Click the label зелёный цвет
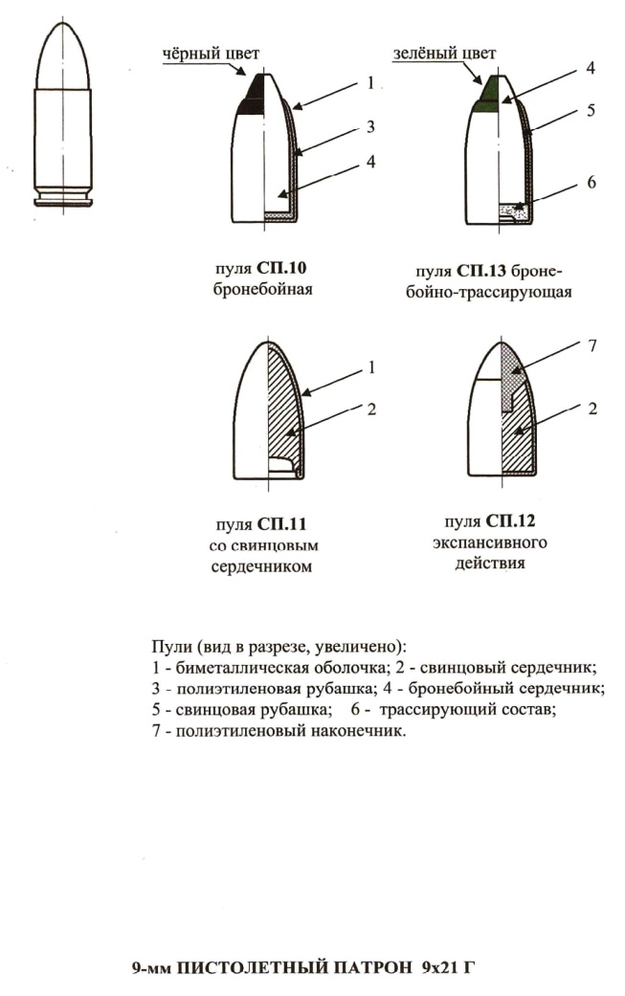[x=435, y=55]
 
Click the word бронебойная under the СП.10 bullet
[x=262, y=288]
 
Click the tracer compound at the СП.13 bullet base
[x=512, y=206]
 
